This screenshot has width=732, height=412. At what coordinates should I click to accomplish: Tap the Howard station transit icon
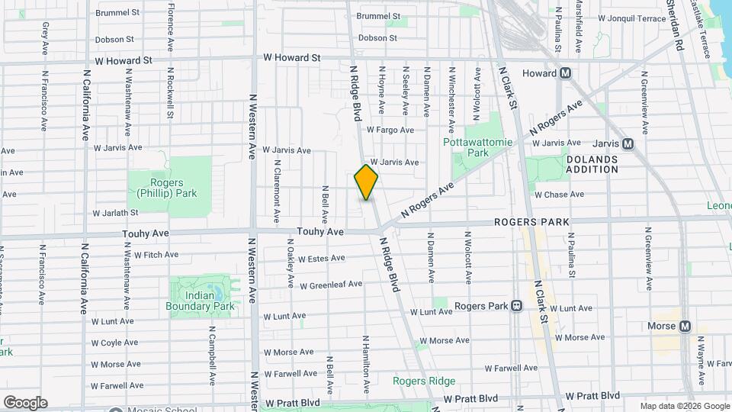565,73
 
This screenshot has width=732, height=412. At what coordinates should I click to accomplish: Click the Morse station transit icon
685,326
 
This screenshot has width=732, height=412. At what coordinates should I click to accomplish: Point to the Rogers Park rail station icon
516,306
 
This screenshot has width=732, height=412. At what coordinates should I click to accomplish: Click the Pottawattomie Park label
466,147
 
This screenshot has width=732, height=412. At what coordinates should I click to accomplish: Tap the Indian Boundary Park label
200,301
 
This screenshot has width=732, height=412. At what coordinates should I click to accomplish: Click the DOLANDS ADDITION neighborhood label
592,164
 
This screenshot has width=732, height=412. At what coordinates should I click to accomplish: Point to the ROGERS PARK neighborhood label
531,222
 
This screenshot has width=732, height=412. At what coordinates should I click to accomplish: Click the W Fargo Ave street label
390,130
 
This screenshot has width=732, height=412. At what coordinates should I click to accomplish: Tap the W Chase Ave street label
559,195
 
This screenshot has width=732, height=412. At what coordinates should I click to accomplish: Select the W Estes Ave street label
323,259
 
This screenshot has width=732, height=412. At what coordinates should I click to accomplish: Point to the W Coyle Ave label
114,343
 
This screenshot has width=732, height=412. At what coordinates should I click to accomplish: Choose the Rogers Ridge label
424,381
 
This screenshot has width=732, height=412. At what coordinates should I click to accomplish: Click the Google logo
25,402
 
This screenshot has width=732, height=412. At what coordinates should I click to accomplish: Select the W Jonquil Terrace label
632,17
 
